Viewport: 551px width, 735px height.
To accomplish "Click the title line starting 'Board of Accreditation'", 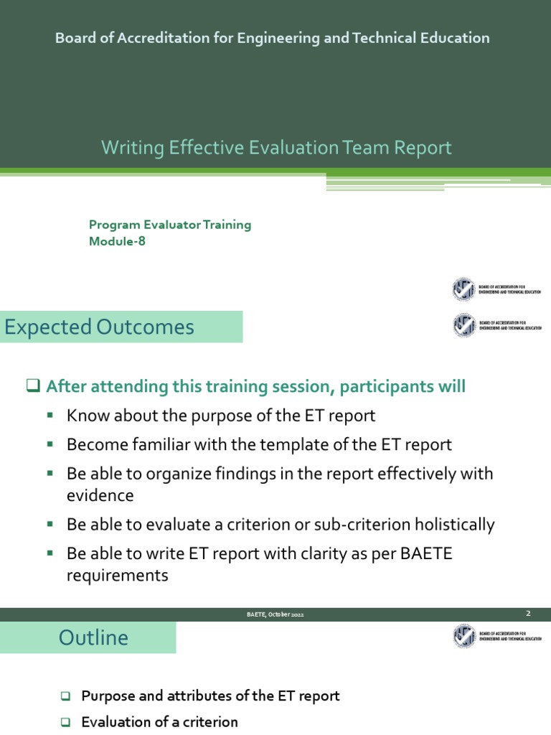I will tap(273, 38).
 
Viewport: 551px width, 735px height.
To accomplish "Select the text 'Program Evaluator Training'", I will tap(170, 225).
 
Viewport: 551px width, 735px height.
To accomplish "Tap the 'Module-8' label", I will tap(117, 241).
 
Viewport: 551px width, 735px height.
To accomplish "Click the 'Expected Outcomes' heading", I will tap(100, 327).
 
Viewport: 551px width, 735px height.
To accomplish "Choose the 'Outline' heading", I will tap(94, 637).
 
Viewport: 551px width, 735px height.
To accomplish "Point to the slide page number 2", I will tap(528, 613).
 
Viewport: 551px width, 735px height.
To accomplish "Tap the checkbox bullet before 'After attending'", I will tap(32, 387).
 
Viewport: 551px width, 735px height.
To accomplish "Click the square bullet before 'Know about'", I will tap(50, 416).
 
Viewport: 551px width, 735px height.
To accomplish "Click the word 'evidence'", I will tap(100, 496).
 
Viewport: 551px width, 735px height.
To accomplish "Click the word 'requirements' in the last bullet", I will tap(118, 576).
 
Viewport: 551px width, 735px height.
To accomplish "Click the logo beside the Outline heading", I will tap(464, 636).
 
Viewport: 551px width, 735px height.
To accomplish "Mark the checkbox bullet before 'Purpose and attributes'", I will tap(65, 696).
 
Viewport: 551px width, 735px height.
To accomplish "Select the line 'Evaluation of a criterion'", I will tap(159, 722).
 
